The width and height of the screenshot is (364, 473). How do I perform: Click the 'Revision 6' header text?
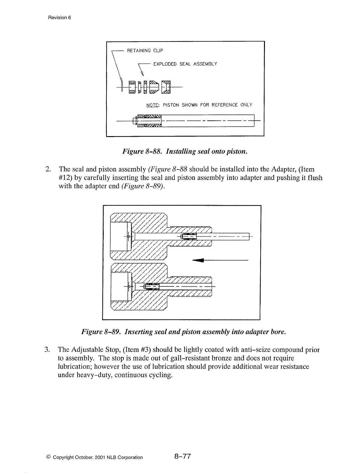click(59, 18)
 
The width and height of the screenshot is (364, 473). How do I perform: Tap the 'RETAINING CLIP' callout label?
click(145, 51)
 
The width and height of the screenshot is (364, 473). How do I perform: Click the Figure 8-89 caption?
click(184, 332)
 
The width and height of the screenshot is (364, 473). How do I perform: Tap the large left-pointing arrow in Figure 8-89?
click(198, 261)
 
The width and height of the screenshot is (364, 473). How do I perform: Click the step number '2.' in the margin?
click(48, 169)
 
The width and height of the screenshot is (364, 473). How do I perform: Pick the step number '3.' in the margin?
click(47, 350)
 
